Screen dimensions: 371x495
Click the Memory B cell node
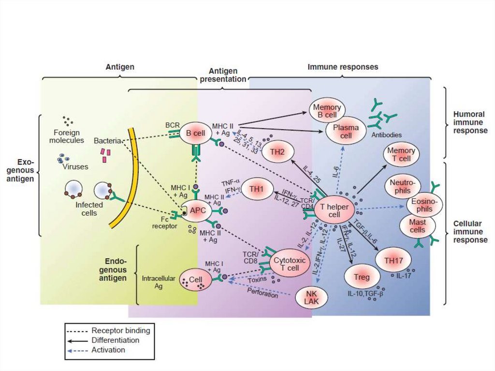pos(327,111)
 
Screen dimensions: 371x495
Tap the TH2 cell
pos(277,152)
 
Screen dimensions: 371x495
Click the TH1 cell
pos(260,189)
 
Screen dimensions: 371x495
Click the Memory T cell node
pos(401,155)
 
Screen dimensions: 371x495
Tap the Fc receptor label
pos(159,222)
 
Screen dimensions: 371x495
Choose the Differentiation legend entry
pos(115,340)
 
